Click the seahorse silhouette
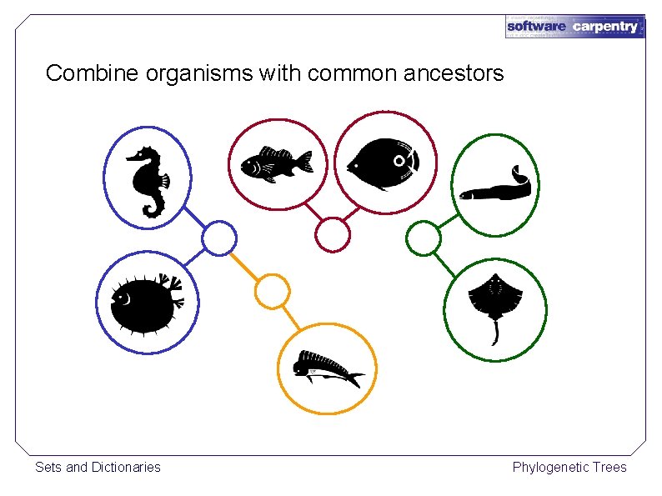(148, 180)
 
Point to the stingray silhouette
(495, 298)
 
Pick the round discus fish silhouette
(384, 161)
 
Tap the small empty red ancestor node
(332, 235)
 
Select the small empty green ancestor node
(423, 238)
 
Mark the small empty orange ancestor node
(271, 292)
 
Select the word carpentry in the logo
(605, 27)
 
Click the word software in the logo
(536, 27)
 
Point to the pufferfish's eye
(124, 297)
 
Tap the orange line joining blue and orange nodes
(244, 265)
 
